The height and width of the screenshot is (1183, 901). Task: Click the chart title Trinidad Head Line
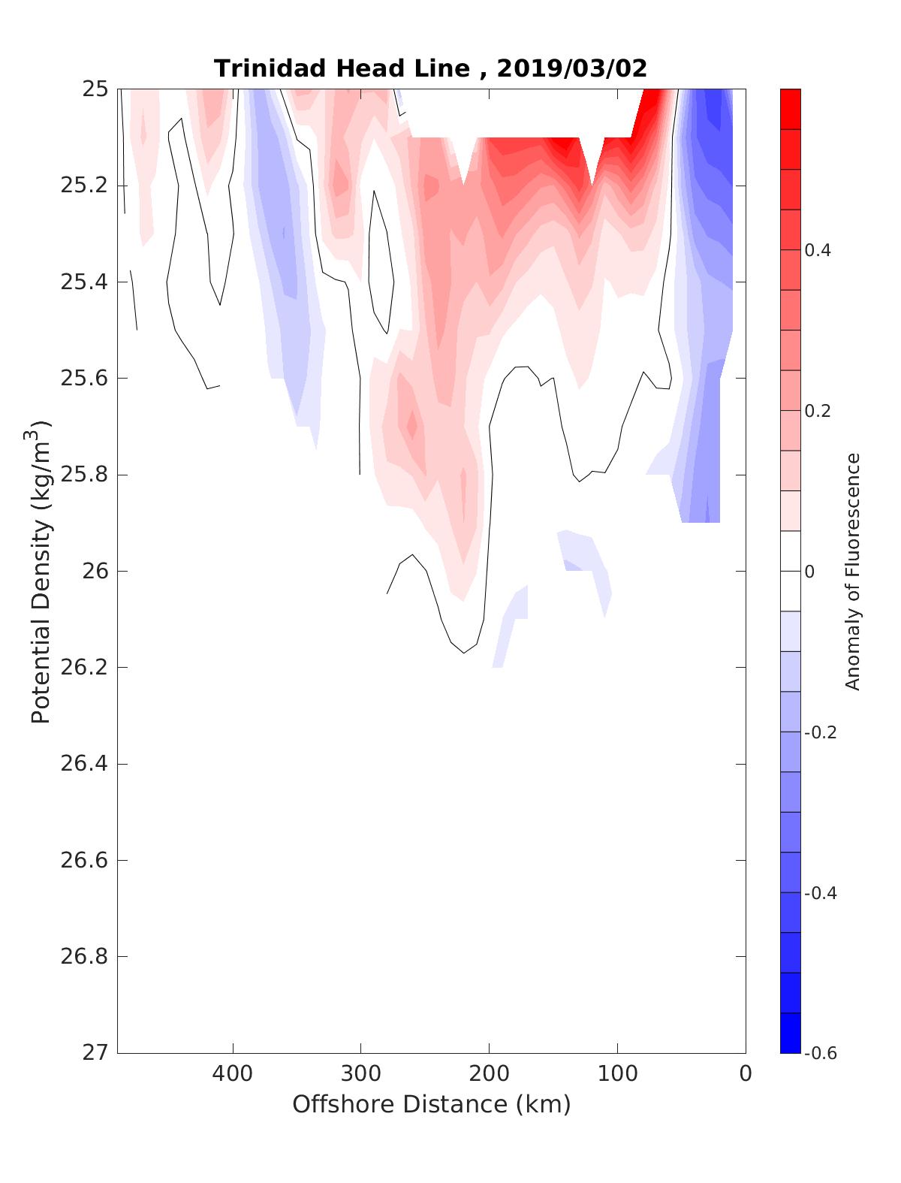pyautogui.click(x=342, y=69)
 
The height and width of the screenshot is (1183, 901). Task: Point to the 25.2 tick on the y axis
pyautogui.click(x=83, y=186)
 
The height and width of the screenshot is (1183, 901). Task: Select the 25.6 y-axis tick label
pyautogui.click(x=83, y=379)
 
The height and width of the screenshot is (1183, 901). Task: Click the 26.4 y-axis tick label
pyautogui.click(x=83, y=764)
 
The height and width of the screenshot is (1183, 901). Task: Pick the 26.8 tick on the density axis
pyautogui.click(x=83, y=957)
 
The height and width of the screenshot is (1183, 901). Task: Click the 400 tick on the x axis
pyautogui.click(x=233, y=1074)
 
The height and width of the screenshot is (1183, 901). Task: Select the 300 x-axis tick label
pyautogui.click(x=360, y=1074)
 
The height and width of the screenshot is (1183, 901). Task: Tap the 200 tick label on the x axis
pyautogui.click(x=490, y=1074)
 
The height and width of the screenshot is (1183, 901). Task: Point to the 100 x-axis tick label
pyautogui.click(x=618, y=1074)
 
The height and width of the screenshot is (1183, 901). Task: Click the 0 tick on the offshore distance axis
pyautogui.click(x=746, y=1074)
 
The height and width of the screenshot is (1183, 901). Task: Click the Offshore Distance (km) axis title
pyautogui.click(x=431, y=1105)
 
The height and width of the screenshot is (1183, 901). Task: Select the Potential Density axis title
pyautogui.click(x=41, y=571)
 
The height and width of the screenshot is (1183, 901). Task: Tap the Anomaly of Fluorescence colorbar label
pyautogui.click(x=852, y=572)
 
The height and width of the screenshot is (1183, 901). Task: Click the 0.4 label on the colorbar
pyautogui.click(x=818, y=250)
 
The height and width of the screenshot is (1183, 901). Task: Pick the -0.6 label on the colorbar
pyautogui.click(x=821, y=1053)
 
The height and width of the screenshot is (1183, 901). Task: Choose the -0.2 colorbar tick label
pyautogui.click(x=821, y=732)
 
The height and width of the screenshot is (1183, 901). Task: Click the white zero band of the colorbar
pyautogui.click(x=791, y=571)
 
